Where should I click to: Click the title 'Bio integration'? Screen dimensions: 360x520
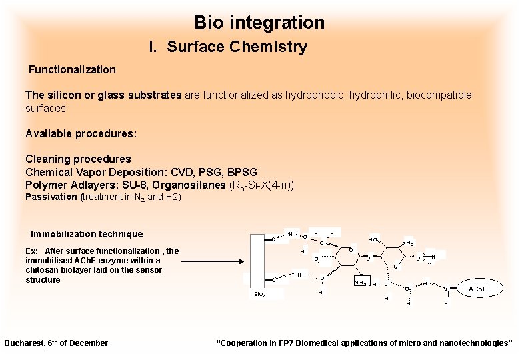[259, 23]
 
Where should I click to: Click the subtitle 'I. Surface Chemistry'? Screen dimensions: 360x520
[228, 47]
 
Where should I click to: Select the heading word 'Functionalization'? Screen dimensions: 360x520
[72, 69]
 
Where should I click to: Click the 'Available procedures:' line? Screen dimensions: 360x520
[81, 133]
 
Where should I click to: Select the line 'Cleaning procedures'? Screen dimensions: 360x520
[78, 159]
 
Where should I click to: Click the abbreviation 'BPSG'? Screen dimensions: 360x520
[242, 171]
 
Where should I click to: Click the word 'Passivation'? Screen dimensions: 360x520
[51, 197]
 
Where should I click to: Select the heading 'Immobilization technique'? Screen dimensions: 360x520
[87, 234]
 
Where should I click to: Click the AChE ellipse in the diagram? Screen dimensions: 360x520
[477, 289]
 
